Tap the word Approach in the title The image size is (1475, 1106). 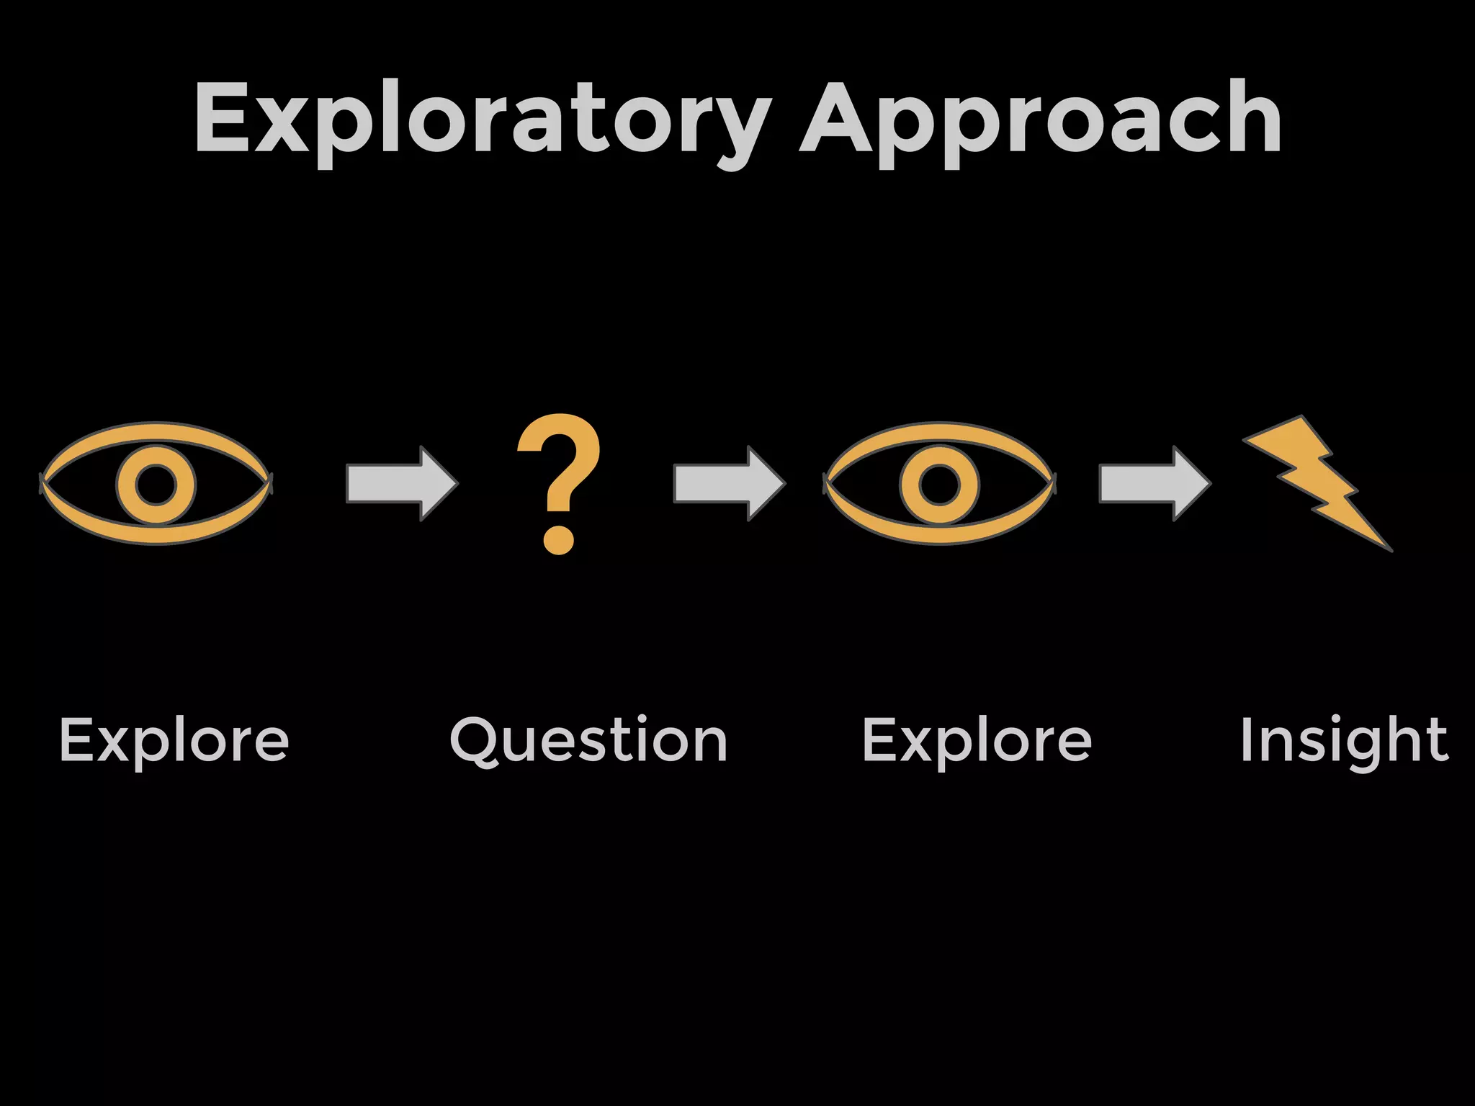pos(1041,119)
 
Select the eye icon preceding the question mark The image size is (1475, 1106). pos(156,483)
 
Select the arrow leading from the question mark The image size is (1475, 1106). pos(728,483)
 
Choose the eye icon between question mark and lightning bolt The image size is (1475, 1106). pos(939,483)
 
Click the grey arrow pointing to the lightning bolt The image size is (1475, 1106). pos(1154,483)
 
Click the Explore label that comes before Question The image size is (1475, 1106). pos(174,740)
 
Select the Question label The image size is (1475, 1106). pos(588,740)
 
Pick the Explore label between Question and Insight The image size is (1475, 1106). pos(977,740)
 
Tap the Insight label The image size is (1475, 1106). pos(1344,740)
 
